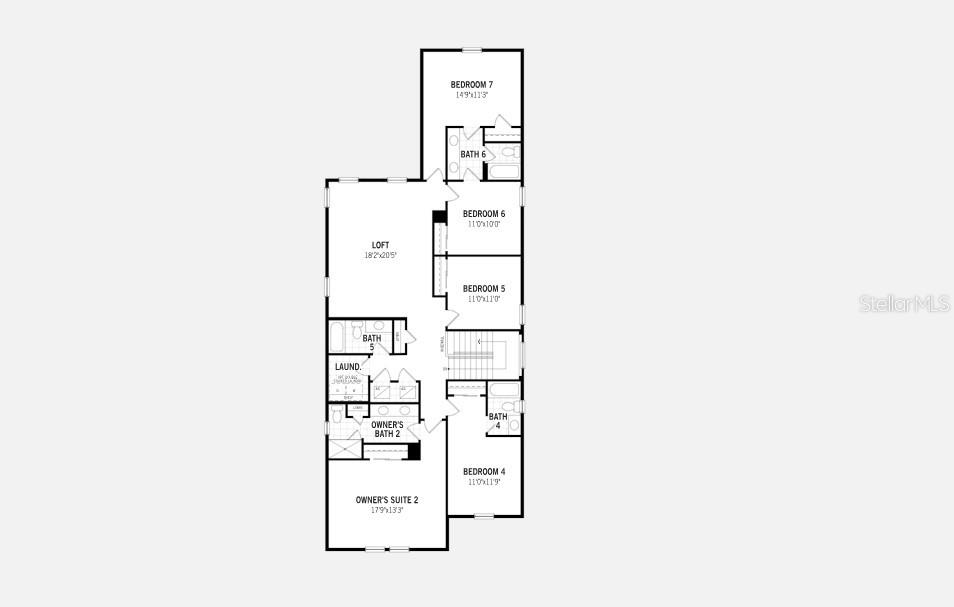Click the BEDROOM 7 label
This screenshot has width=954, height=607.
pos(471,84)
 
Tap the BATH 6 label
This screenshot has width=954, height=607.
pos(473,154)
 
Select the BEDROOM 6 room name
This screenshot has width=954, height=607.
pos(484,213)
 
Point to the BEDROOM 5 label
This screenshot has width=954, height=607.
pos(484,288)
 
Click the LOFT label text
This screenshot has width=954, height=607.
pos(380,245)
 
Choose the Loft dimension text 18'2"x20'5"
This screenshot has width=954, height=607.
pos(381,256)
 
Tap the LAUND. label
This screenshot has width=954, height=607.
pos(348,367)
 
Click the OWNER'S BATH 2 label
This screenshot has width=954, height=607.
pos(387,429)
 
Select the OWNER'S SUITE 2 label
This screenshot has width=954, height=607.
pos(387,499)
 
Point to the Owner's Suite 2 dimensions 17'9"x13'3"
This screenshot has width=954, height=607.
pos(387,510)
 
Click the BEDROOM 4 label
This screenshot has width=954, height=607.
pos(484,471)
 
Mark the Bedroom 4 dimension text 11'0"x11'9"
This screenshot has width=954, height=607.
pos(484,482)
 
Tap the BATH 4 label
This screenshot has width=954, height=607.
pos(497,421)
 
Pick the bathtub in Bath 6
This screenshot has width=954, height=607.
pos(502,172)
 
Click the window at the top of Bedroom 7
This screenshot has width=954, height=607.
pos(471,49)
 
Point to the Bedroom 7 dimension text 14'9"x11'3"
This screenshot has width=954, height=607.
pos(471,95)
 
